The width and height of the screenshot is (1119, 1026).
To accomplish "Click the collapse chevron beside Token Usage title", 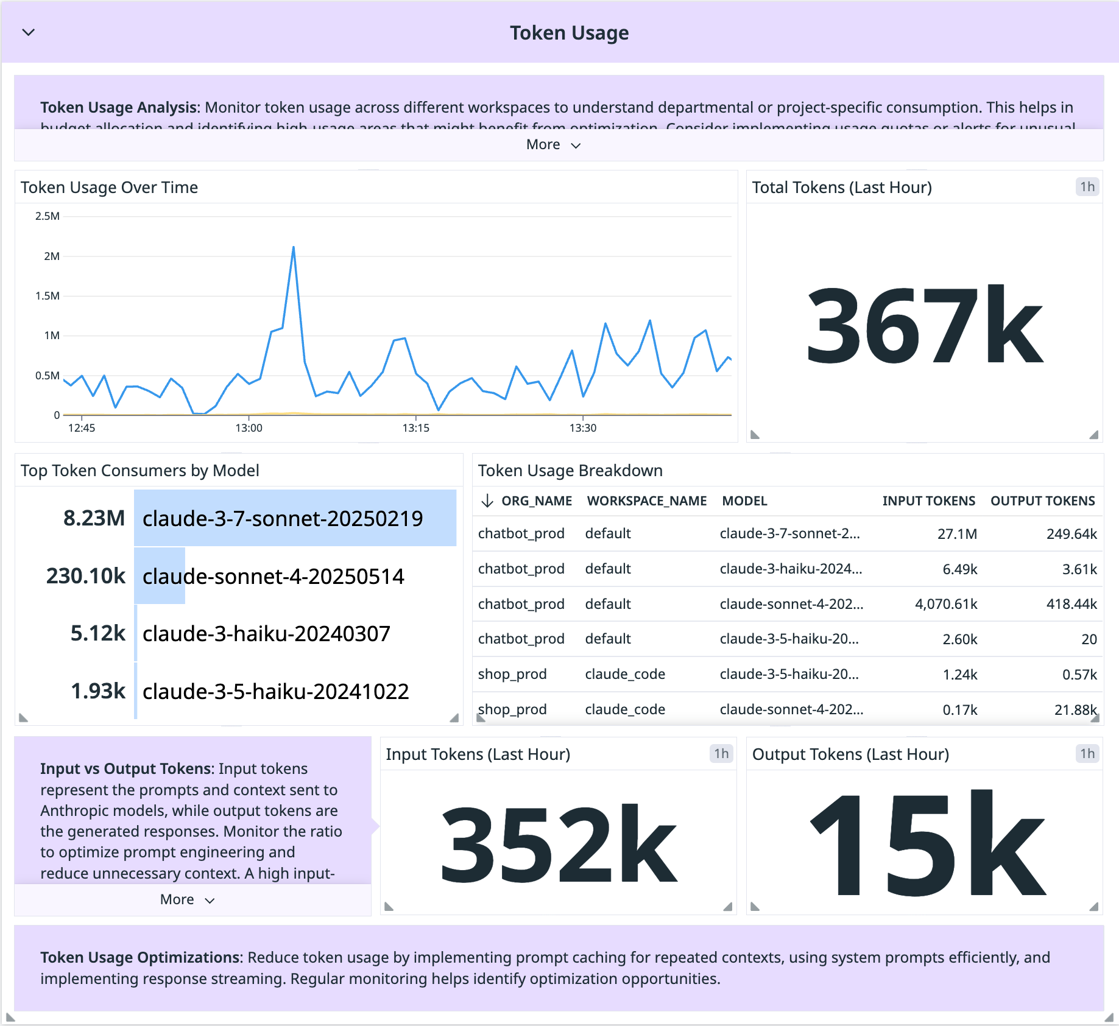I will click(29, 32).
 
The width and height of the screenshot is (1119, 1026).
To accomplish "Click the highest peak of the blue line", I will click(294, 247).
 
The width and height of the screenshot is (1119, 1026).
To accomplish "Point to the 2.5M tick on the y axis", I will click(48, 216).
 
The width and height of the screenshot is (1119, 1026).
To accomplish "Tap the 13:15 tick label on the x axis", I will click(415, 428).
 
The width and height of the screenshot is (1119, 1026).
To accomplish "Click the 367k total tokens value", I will click(924, 325).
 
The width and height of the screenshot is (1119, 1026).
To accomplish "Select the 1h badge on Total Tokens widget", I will click(1087, 187).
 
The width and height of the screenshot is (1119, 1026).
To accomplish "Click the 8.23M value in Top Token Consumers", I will click(94, 518).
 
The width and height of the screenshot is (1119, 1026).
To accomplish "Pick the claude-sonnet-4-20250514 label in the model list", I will click(273, 576).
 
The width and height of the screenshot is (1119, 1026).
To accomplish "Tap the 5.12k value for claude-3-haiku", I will click(97, 633).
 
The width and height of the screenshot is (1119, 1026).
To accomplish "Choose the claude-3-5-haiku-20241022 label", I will click(275, 691).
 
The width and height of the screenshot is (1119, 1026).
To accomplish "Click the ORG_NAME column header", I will click(536, 501).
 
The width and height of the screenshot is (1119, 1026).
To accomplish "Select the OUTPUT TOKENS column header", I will click(1042, 501).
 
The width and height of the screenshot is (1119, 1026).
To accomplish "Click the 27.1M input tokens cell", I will click(957, 534).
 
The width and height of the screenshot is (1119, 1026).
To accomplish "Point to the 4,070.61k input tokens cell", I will click(945, 604).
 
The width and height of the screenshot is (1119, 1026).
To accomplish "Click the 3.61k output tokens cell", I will click(1079, 569).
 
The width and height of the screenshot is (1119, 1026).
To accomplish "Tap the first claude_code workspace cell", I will click(625, 674).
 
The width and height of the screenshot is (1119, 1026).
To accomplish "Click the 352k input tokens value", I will click(558, 844).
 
